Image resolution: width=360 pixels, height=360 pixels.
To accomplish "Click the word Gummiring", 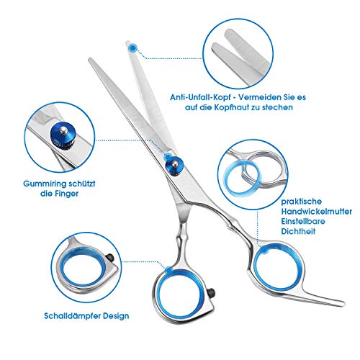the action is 44,184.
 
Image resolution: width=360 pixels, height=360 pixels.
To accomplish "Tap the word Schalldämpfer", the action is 72,316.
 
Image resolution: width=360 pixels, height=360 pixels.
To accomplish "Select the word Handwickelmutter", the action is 316,212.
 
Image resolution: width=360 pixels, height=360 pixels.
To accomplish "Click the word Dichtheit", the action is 298,231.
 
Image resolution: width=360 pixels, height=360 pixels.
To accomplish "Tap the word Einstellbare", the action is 303,221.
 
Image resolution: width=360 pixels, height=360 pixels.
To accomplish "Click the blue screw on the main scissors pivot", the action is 174,165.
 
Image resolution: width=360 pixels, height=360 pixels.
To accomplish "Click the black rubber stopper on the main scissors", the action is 212,292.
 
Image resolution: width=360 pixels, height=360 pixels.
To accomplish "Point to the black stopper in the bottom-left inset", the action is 109,258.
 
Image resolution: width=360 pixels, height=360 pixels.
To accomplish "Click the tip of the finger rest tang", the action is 343,303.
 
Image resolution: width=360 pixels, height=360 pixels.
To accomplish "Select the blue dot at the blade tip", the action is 132,48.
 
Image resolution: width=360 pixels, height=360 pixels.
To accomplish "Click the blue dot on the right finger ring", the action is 264,251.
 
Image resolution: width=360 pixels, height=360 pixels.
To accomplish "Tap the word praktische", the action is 301,202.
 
